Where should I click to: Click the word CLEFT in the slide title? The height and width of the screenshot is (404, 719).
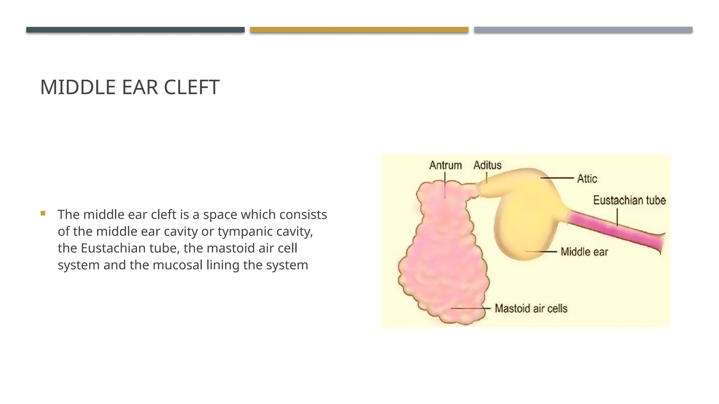tap(191, 87)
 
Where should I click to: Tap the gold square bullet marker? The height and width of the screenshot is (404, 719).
tap(43, 213)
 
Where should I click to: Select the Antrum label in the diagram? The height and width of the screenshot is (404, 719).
tap(445, 165)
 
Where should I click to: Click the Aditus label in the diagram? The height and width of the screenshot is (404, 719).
tap(487, 165)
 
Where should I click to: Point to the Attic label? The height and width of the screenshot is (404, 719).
tap(587, 179)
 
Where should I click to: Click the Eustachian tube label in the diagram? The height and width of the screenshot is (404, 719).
tap(629, 200)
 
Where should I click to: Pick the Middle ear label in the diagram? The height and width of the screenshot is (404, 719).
tap(584, 252)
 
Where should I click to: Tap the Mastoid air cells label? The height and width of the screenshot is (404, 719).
tap(531, 309)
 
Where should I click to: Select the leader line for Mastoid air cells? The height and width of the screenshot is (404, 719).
tap(470, 308)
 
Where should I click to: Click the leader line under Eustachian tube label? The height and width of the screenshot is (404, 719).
tap(617, 217)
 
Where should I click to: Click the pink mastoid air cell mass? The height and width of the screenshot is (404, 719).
tap(442, 260)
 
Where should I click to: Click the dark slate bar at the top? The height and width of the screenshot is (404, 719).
tap(135, 30)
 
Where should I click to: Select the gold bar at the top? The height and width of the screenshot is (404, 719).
tap(359, 30)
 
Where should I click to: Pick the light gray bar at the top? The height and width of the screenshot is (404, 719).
tap(583, 30)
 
